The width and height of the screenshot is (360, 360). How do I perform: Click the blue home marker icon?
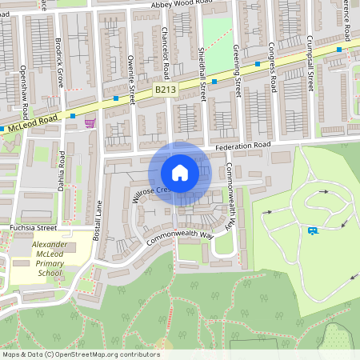click(x=180, y=173)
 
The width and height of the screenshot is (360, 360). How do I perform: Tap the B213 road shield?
click(x=165, y=90)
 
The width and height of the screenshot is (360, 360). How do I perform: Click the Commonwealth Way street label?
click(x=181, y=235)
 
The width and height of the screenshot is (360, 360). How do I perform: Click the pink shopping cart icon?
click(x=90, y=122)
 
